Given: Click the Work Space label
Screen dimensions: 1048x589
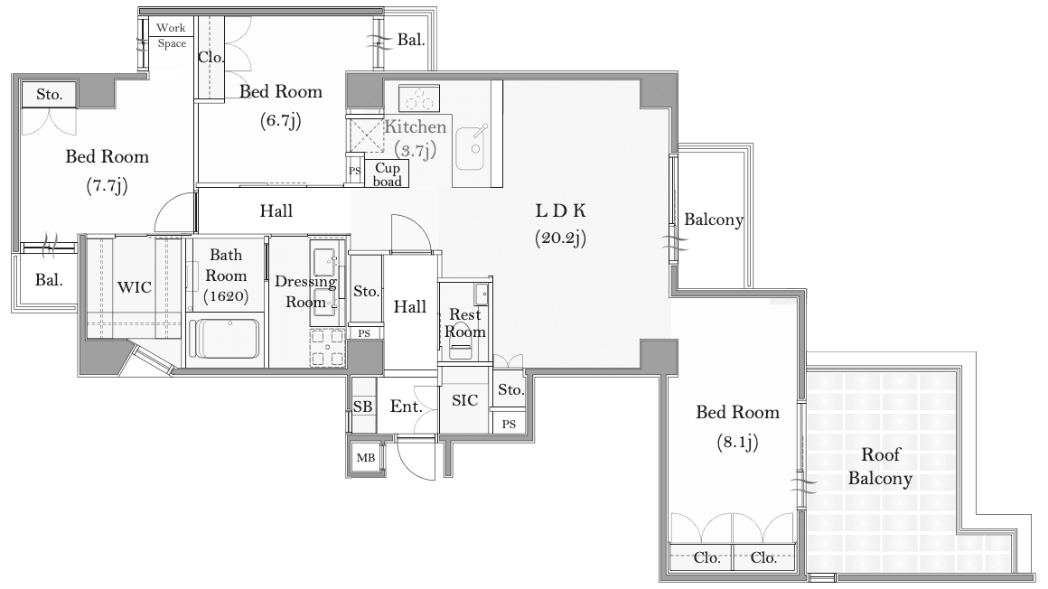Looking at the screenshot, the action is [x=171, y=35].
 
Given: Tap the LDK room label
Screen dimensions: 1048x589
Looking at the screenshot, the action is [x=560, y=210].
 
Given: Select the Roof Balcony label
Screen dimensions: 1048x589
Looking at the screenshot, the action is [x=880, y=467].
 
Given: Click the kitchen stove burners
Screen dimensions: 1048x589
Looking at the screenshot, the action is [x=419, y=98].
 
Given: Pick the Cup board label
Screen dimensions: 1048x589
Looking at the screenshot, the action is [x=387, y=174].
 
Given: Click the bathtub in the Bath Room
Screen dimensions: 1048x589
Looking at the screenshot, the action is [x=224, y=338].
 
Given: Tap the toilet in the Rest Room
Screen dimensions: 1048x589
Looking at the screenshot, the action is [x=460, y=345].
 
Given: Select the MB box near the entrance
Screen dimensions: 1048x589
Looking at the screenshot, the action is [x=366, y=458].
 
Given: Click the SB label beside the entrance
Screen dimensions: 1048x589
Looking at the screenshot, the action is [x=362, y=407].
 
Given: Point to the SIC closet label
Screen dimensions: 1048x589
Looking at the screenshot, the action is [x=464, y=400].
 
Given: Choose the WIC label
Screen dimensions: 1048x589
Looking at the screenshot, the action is [x=135, y=287].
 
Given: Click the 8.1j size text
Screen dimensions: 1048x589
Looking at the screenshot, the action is [x=737, y=442].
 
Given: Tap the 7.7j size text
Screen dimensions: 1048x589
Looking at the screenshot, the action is [x=107, y=185].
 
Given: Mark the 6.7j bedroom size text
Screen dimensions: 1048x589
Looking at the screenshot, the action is [x=281, y=120].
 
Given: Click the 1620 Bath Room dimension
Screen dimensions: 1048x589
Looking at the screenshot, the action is [x=226, y=296].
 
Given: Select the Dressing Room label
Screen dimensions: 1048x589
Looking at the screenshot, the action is [x=305, y=292].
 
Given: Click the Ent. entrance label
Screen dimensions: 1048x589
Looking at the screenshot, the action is [x=407, y=407].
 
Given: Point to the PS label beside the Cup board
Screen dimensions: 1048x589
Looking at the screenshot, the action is [x=355, y=171].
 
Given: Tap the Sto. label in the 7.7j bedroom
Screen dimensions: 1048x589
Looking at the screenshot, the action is [x=50, y=95].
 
